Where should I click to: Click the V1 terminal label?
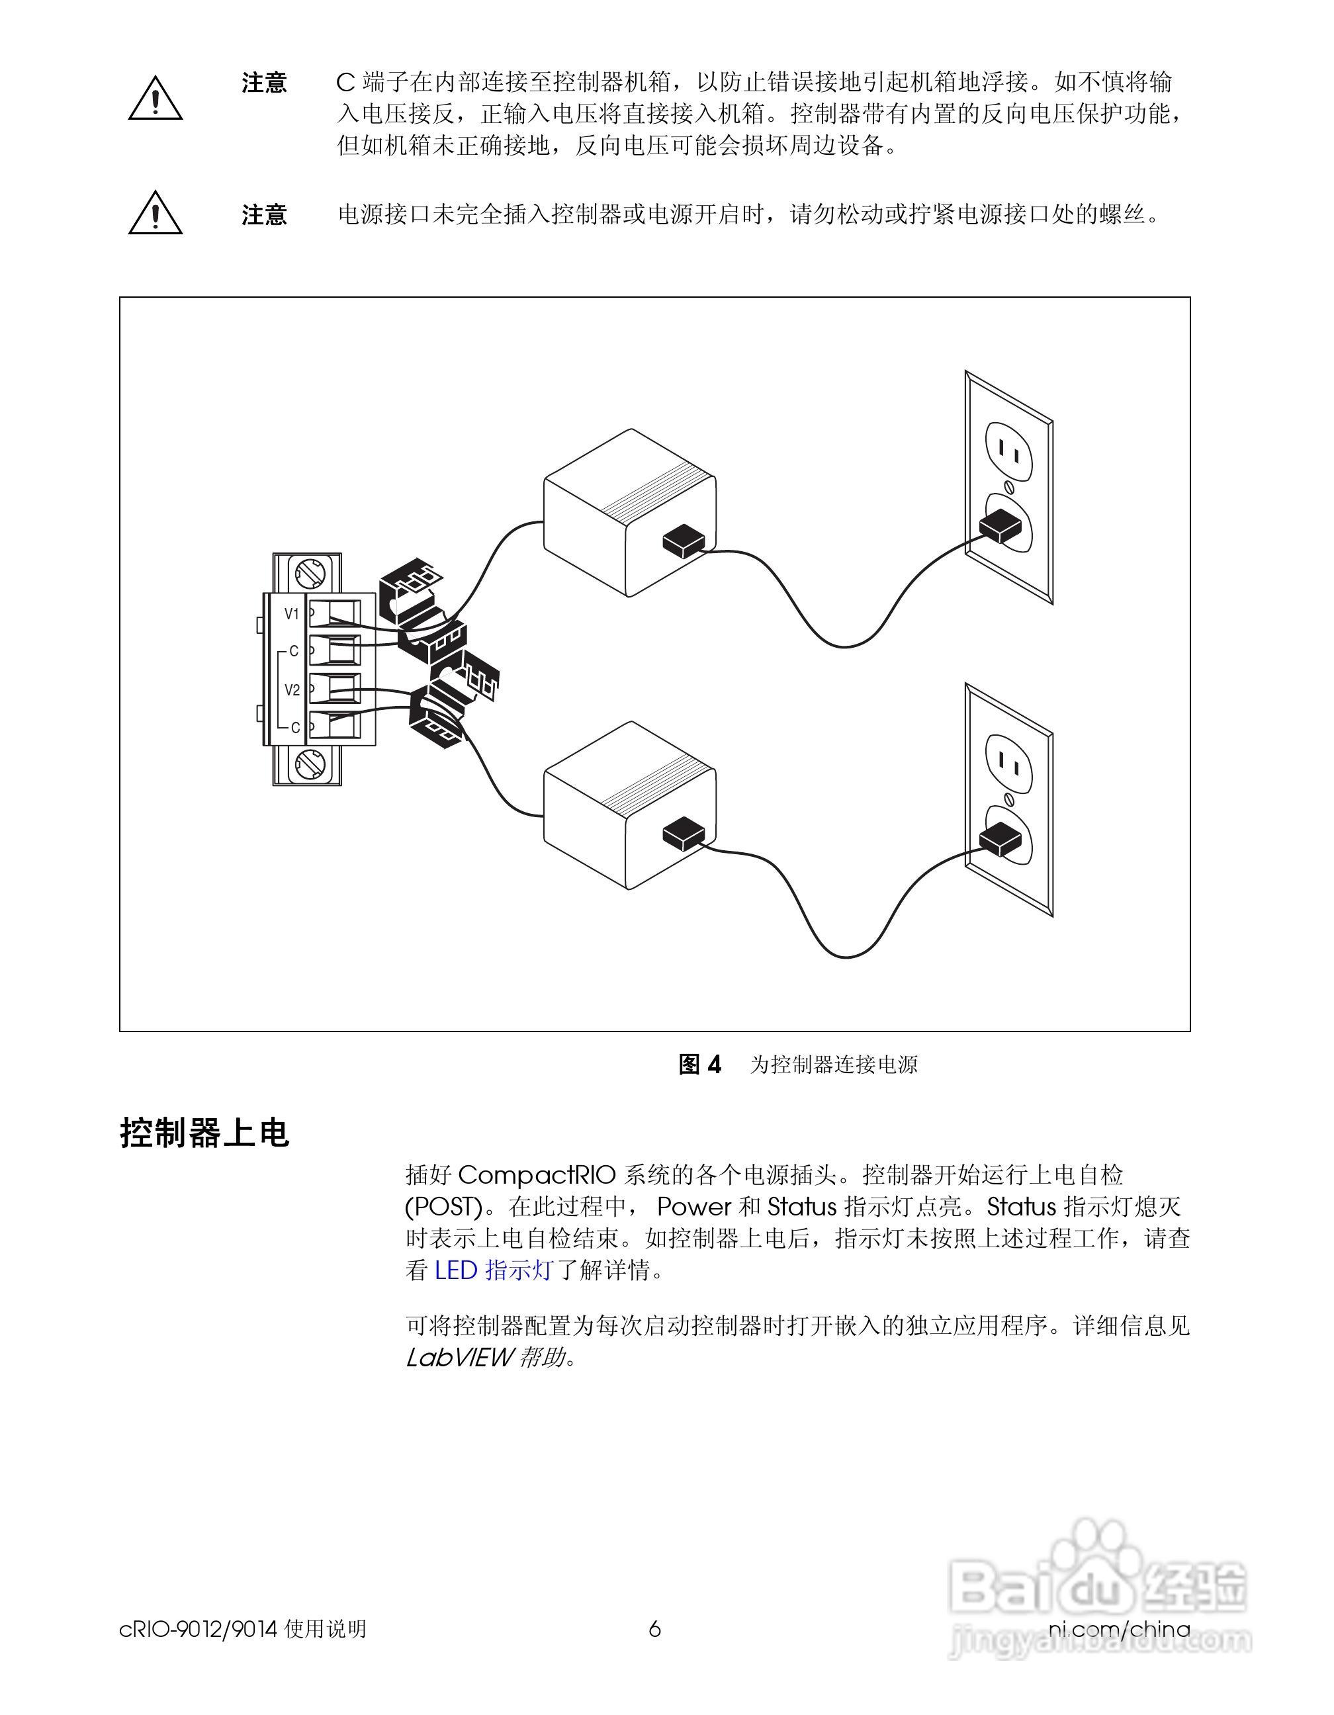coord(291,614)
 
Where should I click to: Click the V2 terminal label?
coord(292,690)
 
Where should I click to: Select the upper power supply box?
coord(629,512)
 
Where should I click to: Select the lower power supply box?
coord(629,806)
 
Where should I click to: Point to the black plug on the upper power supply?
coord(684,541)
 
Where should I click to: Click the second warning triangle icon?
coord(156,212)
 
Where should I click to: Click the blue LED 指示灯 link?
coord(494,1270)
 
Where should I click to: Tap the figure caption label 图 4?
coord(699,1065)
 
